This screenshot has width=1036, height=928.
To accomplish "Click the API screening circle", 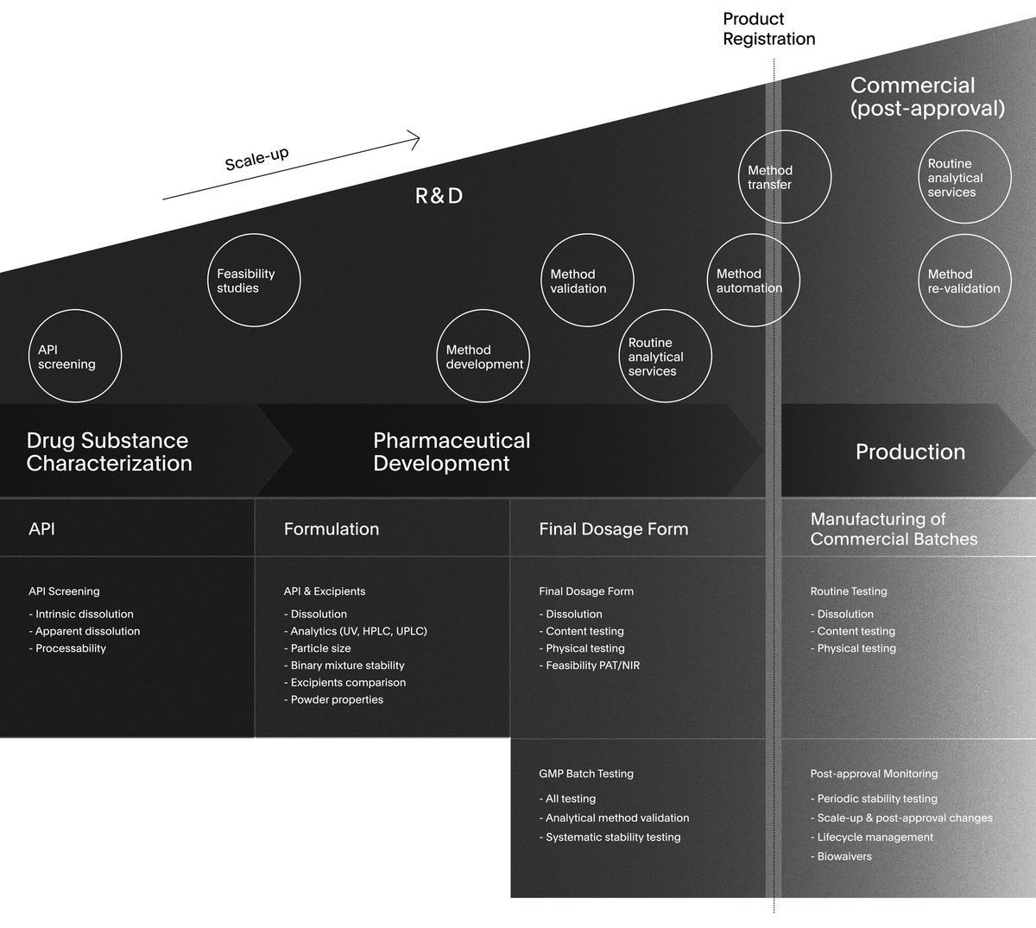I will [x=75, y=357].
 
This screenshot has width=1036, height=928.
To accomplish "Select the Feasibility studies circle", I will [x=254, y=281].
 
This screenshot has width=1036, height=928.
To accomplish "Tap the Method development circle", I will [x=483, y=357].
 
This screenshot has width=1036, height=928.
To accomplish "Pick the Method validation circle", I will [x=587, y=281].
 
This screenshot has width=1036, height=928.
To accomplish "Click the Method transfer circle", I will [x=784, y=177].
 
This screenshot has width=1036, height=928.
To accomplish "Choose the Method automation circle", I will [x=753, y=281].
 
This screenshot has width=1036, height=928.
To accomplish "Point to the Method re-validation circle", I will [x=963, y=281].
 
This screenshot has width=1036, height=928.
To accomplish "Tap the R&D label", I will [x=439, y=196].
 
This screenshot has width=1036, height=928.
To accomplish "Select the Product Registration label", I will [x=768, y=28].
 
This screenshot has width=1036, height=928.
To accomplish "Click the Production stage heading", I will [x=910, y=451].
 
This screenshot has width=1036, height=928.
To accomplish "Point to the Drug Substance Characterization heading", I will [x=109, y=451].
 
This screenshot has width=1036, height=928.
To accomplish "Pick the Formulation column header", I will [x=332, y=529].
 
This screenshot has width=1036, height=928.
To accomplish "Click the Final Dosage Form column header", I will [x=614, y=529].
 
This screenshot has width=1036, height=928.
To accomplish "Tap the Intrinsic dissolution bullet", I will [x=84, y=614].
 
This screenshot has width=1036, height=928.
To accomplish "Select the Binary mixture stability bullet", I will [x=347, y=666].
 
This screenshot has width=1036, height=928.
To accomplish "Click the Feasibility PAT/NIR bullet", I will [x=592, y=666].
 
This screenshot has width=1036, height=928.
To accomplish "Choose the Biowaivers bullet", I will [x=843, y=856].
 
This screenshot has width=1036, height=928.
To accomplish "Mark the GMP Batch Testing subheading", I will [x=586, y=773].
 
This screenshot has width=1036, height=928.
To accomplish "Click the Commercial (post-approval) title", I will [x=927, y=97].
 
